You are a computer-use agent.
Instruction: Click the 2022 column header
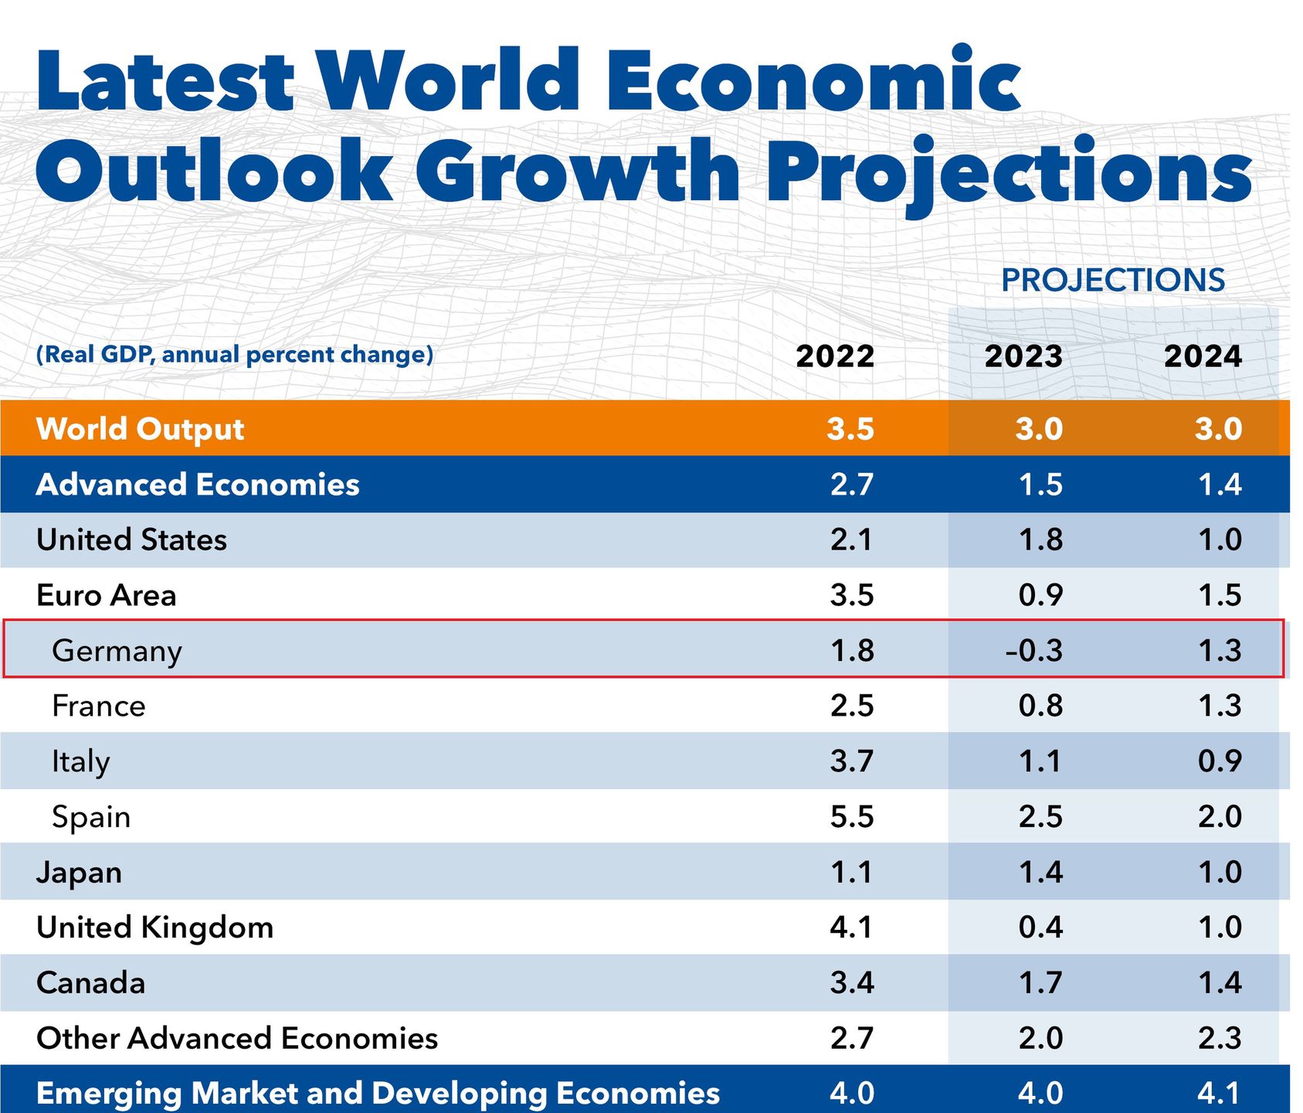click(835, 356)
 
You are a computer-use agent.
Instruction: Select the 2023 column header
click(1023, 356)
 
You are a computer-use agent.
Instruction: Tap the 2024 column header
click(1203, 356)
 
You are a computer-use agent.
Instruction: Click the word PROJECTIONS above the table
click(1113, 281)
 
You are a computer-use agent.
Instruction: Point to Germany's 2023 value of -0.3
click(1033, 650)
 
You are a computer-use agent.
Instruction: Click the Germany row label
click(117, 651)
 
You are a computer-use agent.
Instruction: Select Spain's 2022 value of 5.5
click(852, 817)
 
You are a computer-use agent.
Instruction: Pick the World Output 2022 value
click(850, 429)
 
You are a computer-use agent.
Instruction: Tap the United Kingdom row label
click(154, 927)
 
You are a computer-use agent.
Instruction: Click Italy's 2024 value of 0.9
click(1220, 761)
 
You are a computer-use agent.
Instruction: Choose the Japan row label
click(79, 873)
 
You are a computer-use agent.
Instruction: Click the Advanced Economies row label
click(198, 485)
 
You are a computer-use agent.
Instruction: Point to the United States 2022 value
click(851, 539)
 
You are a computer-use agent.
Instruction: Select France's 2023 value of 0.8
click(1040, 706)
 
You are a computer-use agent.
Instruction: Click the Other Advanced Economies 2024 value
click(1220, 1038)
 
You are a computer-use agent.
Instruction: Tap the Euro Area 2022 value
click(852, 595)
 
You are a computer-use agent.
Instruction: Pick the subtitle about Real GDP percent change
click(235, 355)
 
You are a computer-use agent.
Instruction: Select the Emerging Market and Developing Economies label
click(378, 1093)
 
